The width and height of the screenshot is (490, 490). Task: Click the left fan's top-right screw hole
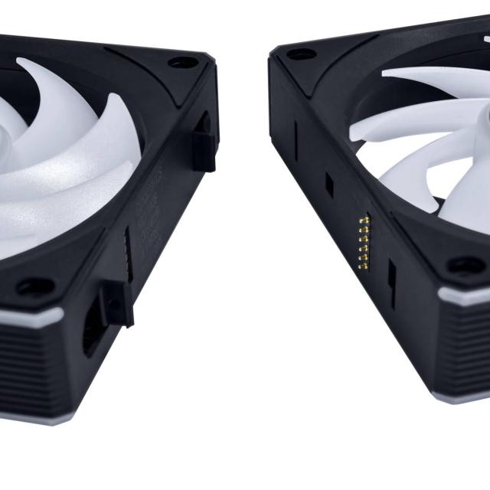(x=181, y=62)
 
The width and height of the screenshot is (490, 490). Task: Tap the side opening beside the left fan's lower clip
(x=90, y=325)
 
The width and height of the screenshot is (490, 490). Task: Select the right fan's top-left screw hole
(x=301, y=54)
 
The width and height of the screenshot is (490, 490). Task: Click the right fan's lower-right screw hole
(x=465, y=266)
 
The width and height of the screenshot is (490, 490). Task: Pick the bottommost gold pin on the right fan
(x=364, y=267)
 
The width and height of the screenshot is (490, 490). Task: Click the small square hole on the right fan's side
(x=329, y=183)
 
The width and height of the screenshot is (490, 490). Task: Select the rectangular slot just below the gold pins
(x=390, y=284)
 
